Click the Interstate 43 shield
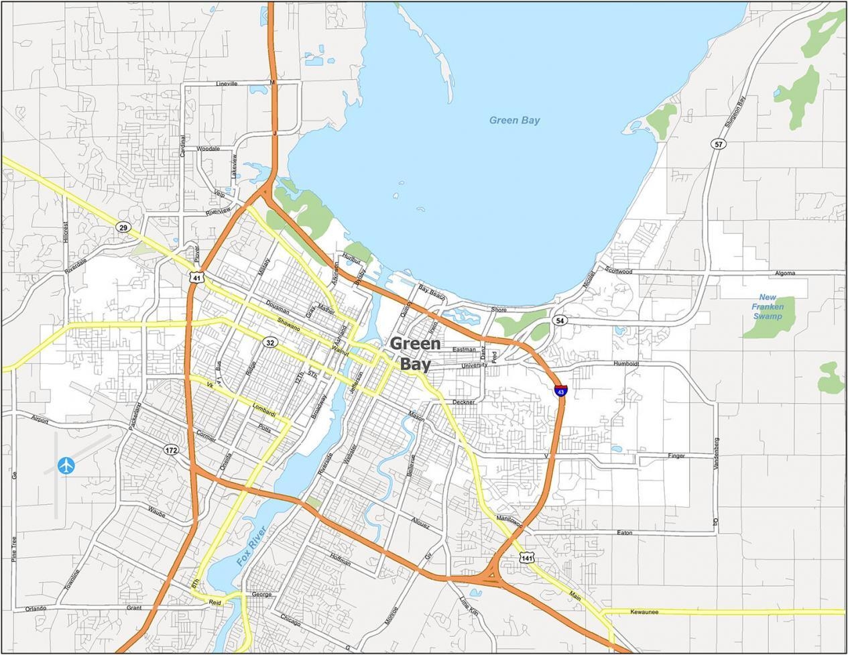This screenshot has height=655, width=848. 560,390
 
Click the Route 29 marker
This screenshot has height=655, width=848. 122,227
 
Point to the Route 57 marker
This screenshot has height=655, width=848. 719,144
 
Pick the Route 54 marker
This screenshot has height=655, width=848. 559,321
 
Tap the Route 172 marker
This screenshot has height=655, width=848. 172,450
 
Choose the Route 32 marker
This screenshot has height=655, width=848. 270,343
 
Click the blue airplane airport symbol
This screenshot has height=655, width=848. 66,465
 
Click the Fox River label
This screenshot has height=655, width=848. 251,546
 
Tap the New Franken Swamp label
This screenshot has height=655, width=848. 768,306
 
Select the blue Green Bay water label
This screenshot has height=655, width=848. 514,121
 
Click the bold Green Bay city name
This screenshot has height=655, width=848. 416,354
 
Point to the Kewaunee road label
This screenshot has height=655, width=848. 644,611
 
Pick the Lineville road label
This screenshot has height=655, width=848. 227,84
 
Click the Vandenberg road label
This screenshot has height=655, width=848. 716,454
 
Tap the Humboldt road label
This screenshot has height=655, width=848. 627,364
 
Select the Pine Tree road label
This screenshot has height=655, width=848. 13,548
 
